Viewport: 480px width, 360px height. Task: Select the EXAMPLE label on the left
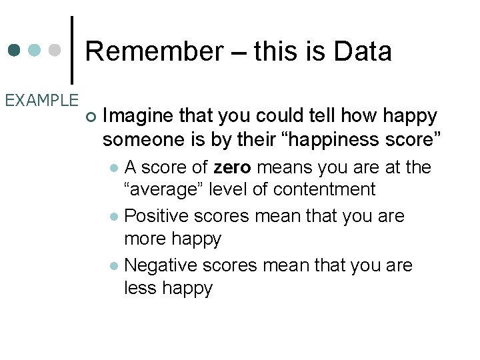point(41,101)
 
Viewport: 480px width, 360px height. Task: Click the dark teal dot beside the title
point(15,51)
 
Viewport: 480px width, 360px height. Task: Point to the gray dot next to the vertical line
point(56,51)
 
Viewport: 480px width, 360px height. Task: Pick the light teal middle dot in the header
point(35,51)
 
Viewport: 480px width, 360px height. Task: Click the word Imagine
point(139,116)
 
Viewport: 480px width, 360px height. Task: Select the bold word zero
point(233,167)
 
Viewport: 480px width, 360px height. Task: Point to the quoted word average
point(164,189)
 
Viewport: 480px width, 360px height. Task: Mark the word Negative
point(159,265)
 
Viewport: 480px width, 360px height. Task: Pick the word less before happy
point(141,288)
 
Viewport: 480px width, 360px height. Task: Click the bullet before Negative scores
point(115,266)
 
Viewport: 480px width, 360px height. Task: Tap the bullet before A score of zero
point(115,167)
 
